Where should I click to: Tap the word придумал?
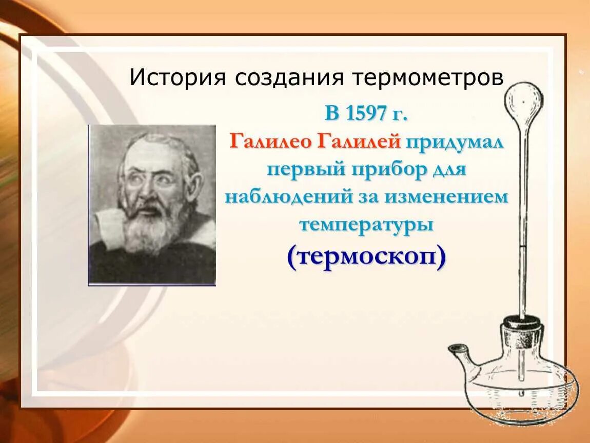tap(455, 143)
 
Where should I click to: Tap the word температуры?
tap(366, 225)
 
